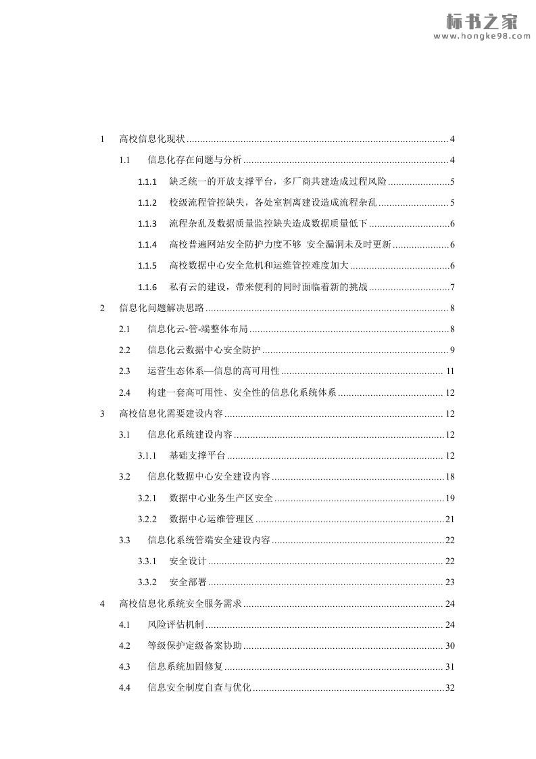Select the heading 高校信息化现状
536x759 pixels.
pos(152,139)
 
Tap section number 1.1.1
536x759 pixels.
pos(147,181)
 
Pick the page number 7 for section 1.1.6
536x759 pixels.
pos(452,287)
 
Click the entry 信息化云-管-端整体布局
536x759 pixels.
pos(197,329)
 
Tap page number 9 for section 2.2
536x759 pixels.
pos(452,350)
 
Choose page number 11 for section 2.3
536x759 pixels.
pos(450,371)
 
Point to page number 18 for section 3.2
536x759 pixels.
pos(450,477)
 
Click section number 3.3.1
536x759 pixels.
pos(147,561)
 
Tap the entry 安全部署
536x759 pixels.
pos(188,582)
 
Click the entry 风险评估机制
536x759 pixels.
pos(175,624)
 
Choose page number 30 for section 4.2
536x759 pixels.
pos(450,645)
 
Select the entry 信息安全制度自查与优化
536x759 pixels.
pos(199,687)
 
